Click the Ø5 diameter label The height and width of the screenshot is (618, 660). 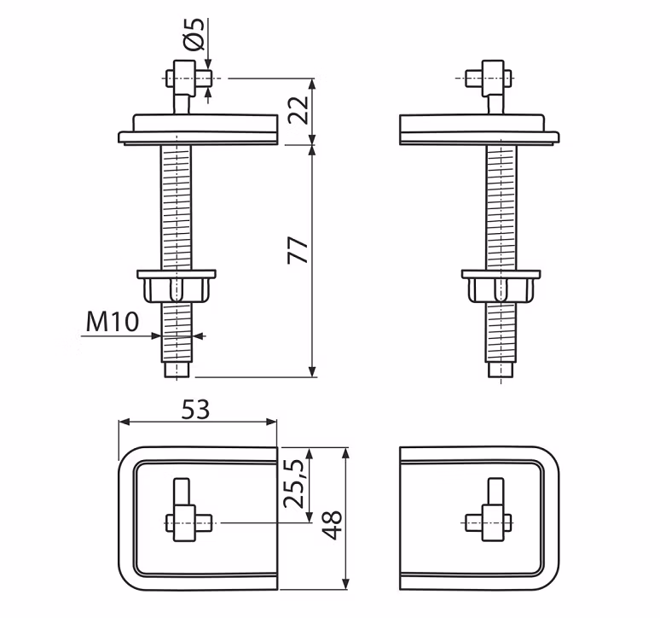[x=194, y=34]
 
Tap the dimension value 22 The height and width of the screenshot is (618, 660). [x=298, y=110]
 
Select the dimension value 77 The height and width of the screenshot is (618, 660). [x=298, y=251]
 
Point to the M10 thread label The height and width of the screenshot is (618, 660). [x=113, y=322]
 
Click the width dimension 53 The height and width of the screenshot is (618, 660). [x=195, y=410]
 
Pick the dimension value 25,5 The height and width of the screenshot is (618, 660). [x=293, y=483]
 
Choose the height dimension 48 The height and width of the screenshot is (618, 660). [x=332, y=525]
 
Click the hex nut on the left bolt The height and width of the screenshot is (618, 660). [x=177, y=286]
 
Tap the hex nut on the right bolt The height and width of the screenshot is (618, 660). [x=501, y=286]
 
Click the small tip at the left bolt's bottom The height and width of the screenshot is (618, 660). [x=177, y=370]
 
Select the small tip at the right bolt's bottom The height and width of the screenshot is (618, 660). [x=501, y=370]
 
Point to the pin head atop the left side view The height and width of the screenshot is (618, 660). [x=188, y=79]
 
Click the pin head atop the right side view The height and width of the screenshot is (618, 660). [x=489, y=79]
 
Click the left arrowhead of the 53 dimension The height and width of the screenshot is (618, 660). [x=124, y=422]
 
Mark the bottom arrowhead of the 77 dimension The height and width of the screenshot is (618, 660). [x=312, y=371]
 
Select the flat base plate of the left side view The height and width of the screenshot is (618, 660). [x=198, y=130]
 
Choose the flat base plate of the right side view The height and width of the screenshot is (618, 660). [x=479, y=130]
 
